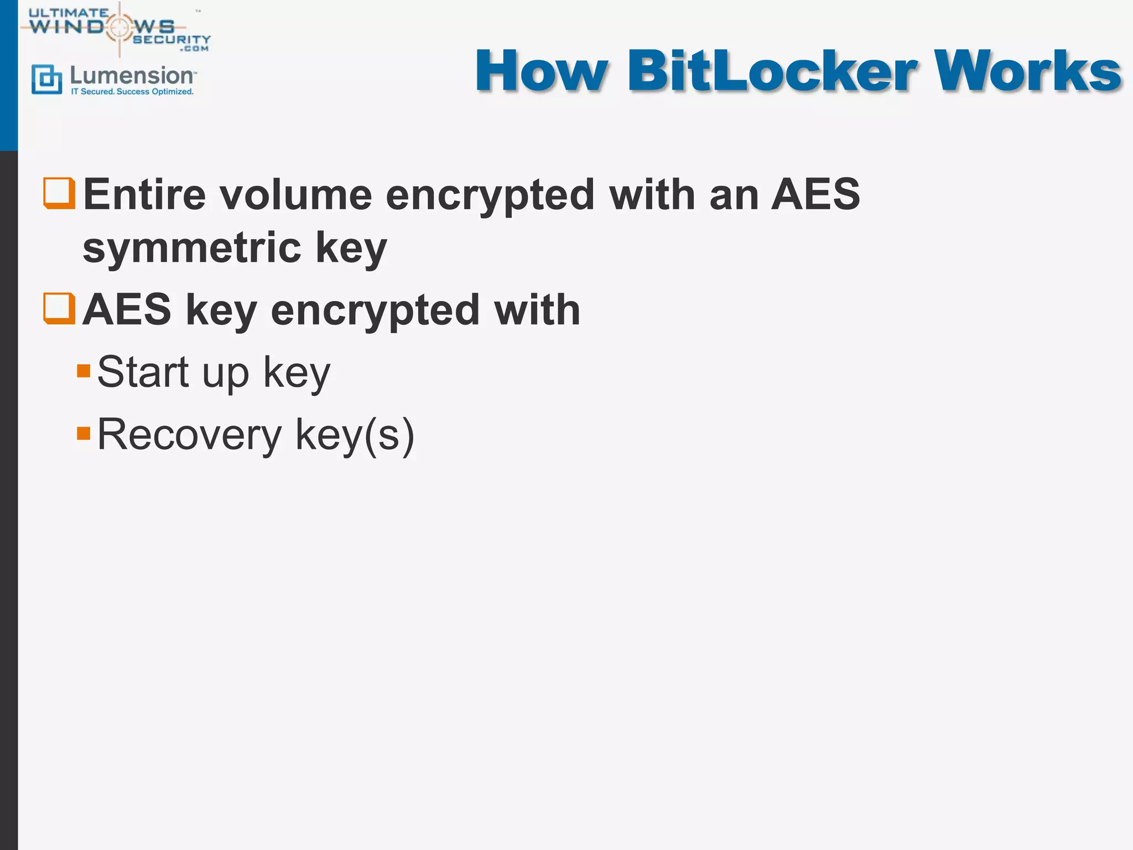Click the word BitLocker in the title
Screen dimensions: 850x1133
(771, 72)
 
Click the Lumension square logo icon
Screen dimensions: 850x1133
(46, 79)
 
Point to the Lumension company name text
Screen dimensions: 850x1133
(132, 75)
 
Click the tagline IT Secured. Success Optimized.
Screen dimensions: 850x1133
(132, 92)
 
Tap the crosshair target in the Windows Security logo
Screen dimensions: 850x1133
(118, 27)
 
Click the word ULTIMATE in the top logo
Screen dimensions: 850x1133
(69, 12)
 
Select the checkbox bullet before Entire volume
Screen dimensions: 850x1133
(59, 193)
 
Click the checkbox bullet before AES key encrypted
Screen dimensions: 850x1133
(59, 308)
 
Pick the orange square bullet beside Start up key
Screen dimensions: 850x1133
(84, 371)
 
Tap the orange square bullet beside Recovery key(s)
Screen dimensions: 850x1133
(84, 433)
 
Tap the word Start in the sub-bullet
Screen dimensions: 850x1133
(143, 372)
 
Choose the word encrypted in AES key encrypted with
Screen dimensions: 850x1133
(375, 310)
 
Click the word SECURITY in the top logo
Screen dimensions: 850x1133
(171, 39)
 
